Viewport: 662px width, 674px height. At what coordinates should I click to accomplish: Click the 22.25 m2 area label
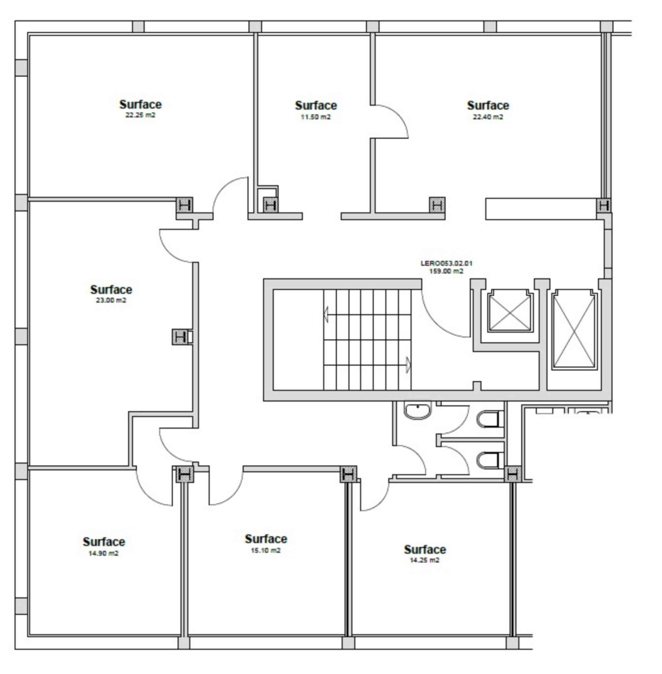pos(140,115)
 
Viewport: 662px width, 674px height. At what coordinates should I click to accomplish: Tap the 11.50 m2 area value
pos(315,117)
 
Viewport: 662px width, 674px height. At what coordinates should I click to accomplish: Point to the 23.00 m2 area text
pos(111,300)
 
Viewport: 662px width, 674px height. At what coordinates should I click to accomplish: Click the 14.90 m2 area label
pos(103,553)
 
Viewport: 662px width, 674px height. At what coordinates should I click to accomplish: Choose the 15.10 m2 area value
pos(266,550)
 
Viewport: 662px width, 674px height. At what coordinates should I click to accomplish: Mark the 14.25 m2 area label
pos(424,560)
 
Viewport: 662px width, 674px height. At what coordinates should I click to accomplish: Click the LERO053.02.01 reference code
pos(446,263)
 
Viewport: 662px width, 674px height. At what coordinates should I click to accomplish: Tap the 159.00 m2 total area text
pos(446,271)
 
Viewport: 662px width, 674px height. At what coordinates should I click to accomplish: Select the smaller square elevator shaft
pos(510,310)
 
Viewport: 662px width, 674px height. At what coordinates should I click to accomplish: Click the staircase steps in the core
pos(367,340)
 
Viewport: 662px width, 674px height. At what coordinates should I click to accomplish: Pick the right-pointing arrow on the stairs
pos(408,365)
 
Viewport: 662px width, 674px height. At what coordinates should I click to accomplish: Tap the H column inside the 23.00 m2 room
pos(179,337)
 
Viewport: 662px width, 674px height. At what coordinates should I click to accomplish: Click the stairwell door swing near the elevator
pos(445,316)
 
